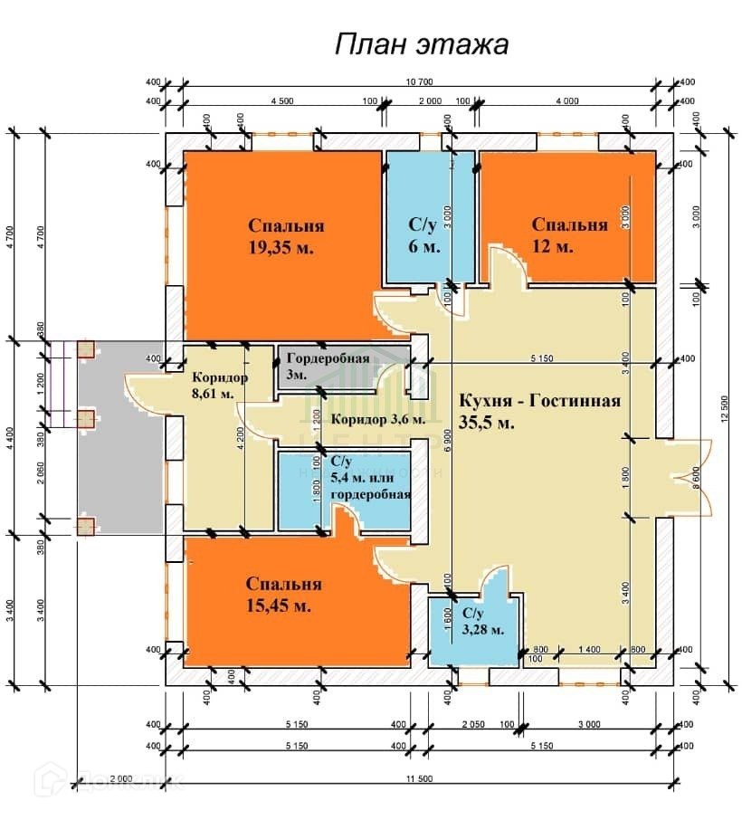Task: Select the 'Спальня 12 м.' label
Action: pyautogui.click(x=569, y=235)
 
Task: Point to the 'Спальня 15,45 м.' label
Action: pyautogui.click(x=284, y=595)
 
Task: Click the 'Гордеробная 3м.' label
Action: pyautogui.click(x=321, y=366)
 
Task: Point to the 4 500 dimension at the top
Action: pyautogui.click(x=281, y=100)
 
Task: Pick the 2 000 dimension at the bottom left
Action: pyautogui.click(x=120, y=779)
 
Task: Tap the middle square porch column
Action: pyautogui.click(x=86, y=418)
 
